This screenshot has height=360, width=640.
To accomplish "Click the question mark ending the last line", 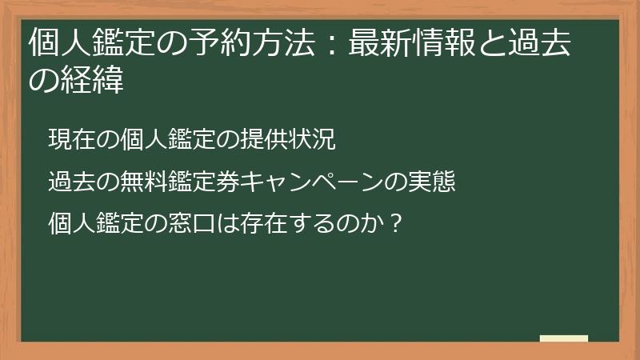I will [x=391, y=220].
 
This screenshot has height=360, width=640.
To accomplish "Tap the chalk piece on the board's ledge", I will [x=563, y=338].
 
